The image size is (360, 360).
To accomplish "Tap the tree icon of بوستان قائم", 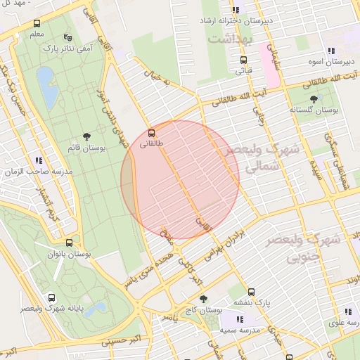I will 86,136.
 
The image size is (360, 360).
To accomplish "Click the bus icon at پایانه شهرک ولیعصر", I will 51,297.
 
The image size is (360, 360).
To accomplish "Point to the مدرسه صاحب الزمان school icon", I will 38,161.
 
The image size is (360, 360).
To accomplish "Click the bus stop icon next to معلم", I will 37,23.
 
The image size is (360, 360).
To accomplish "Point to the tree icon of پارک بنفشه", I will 251,292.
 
